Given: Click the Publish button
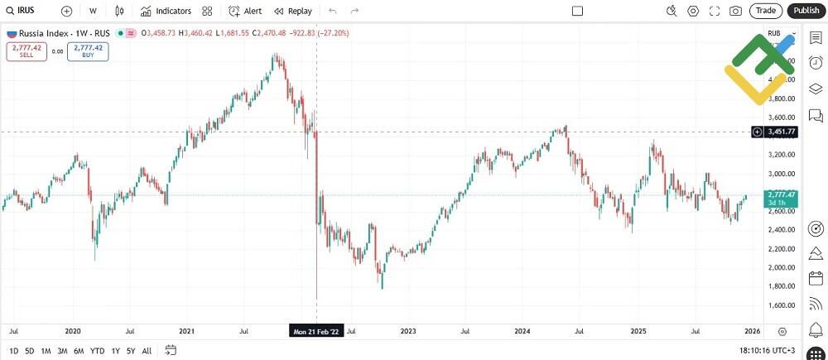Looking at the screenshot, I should click(x=805, y=11).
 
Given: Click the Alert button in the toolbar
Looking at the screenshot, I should click(x=245, y=11).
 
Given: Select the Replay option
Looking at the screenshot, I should click(x=293, y=11).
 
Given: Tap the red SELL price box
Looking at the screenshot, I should click(x=26, y=51).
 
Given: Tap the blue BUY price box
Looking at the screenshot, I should click(x=88, y=51).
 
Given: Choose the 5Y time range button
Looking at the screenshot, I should click(x=131, y=350).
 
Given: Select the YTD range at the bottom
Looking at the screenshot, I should click(x=97, y=350).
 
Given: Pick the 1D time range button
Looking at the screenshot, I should click(x=13, y=350).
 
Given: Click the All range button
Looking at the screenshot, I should click(x=147, y=350).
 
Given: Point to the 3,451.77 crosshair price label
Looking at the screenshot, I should click(x=781, y=132).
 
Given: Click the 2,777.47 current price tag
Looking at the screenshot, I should click(x=781, y=195).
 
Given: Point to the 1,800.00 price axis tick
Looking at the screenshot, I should click(x=781, y=286).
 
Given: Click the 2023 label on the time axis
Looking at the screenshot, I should click(x=408, y=331).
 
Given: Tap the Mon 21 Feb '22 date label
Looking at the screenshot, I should click(x=315, y=331).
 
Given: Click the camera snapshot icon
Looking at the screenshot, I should click(x=735, y=11).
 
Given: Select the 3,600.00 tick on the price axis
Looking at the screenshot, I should click(x=781, y=118).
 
